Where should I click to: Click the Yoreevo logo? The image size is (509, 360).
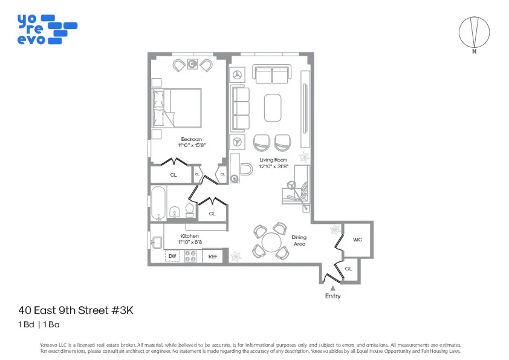tap(47, 29)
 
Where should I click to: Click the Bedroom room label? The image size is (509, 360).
tap(191, 139)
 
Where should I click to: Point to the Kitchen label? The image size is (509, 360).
tap(189, 236)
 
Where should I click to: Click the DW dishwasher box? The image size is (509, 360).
tap(172, 257)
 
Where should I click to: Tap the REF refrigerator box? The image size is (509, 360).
tap(213, 257)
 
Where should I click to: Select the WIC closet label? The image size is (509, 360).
tap(357, 240)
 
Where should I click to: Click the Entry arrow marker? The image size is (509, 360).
tap(332, 288)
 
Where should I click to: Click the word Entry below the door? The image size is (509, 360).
tap(332, 296)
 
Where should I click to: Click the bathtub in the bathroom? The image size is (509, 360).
tap(158, 203)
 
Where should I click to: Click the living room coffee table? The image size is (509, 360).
tap(272, 108)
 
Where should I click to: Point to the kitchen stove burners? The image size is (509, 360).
tap(191, 257)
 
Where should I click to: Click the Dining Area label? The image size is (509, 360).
tap(299, 241)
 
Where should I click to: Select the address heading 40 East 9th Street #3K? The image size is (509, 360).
tap(76, 310)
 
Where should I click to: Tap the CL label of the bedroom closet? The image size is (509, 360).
tap(173, 175)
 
